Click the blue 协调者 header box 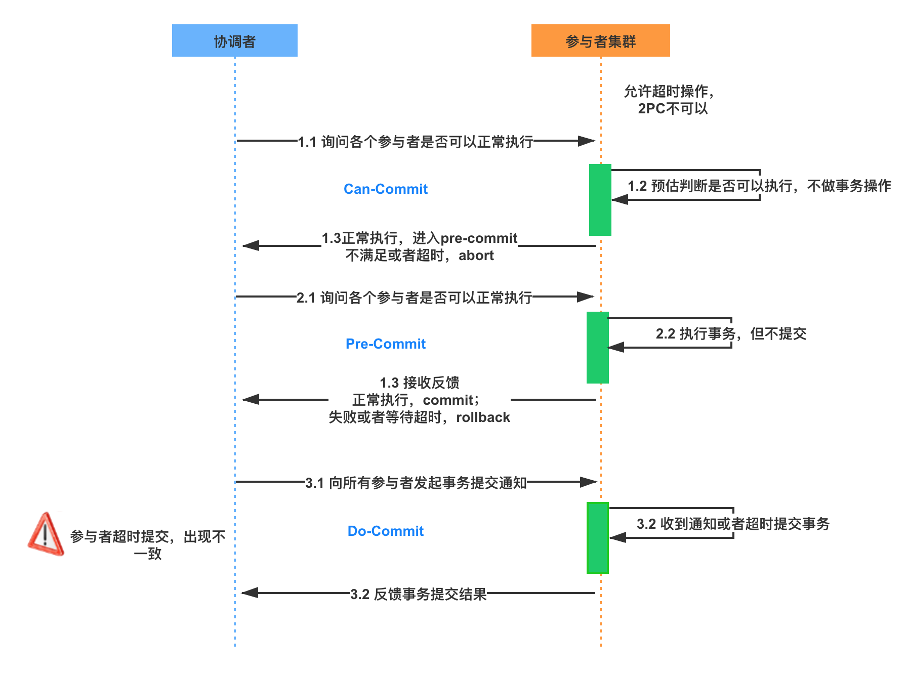[x=234, y=40]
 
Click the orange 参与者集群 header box [x=600, y=40]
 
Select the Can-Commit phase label [x=386, y=189]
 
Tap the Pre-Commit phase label [x=386, y=344]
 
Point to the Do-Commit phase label [x=386, y=531]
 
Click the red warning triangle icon [x=46, y=534]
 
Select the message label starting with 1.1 [x=415, y=141]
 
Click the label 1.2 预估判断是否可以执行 [x=759, y=186]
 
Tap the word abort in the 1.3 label [x=476, y=256]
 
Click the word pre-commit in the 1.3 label [x=479, y=238]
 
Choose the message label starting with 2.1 [x=414, y=297]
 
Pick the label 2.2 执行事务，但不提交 [x=731, y=333]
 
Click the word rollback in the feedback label [x=483, y=417]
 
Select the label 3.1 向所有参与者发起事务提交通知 [x=416, y=482]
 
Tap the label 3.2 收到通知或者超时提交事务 [x=733, y=523]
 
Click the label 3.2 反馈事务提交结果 [x=418, y=594]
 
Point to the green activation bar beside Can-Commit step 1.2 [x=600, y=200]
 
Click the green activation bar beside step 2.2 [x=597, y=348]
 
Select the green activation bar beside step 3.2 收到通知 [x=597, y=537]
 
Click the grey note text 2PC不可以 [x=673, y=108]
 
